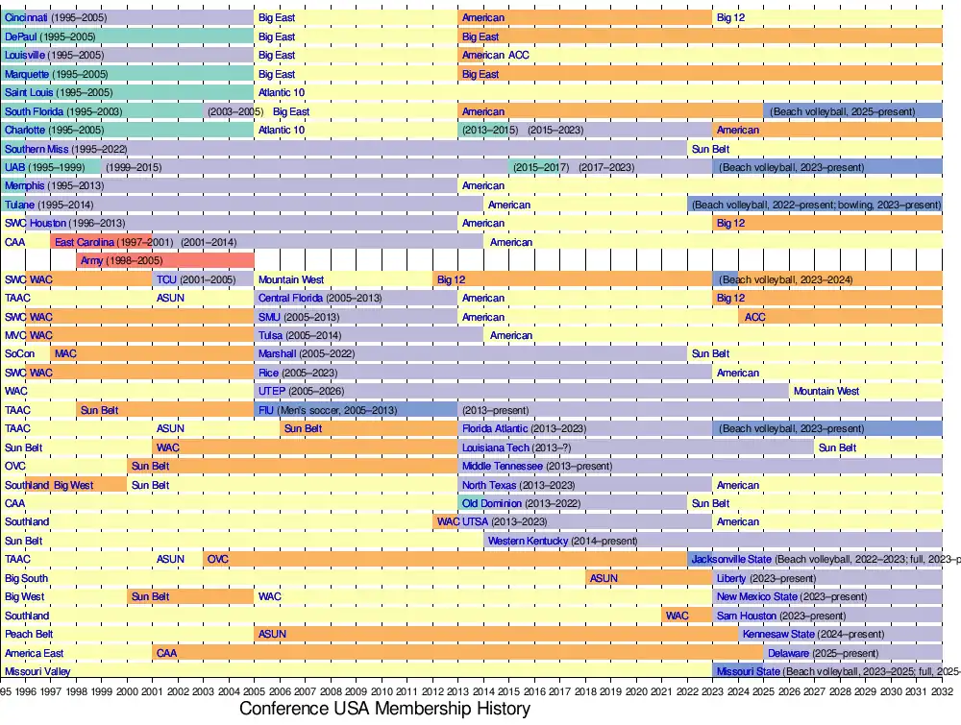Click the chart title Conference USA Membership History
[384, 709]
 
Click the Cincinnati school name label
[25, 18]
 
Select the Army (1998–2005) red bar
[165, 260]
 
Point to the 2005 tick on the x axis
[255, 689]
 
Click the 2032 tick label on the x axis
[942, 689]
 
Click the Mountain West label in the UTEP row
[825, 392]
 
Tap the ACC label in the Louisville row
[518, 56]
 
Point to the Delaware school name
[788, 653]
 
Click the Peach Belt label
[28, 634]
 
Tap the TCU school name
[167, 279]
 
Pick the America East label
[34, 653]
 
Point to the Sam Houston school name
[751, 616]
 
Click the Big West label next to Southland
[74, 485]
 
